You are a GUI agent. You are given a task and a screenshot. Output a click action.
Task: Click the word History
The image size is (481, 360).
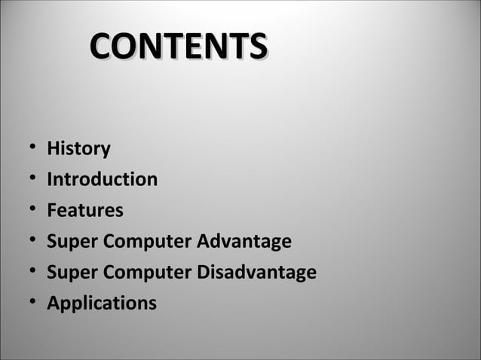(x=78, y=149)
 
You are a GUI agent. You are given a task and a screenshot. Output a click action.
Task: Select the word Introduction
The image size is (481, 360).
(x=102, y=180)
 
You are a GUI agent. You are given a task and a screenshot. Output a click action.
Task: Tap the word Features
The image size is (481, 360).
(x=84, y=211)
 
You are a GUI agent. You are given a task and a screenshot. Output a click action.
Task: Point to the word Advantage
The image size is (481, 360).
(x=244, y=242)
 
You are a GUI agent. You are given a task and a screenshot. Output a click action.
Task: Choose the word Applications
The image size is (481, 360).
(x=102, y=304)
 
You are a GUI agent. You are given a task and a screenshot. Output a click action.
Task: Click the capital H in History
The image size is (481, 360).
(x=53, y=149)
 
